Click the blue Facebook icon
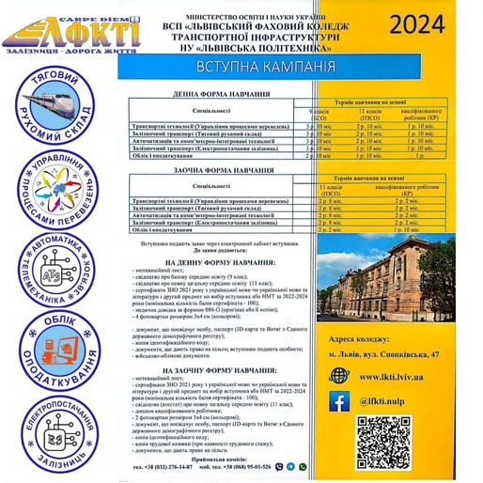[339, 401]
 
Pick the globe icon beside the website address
[339, 374]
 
